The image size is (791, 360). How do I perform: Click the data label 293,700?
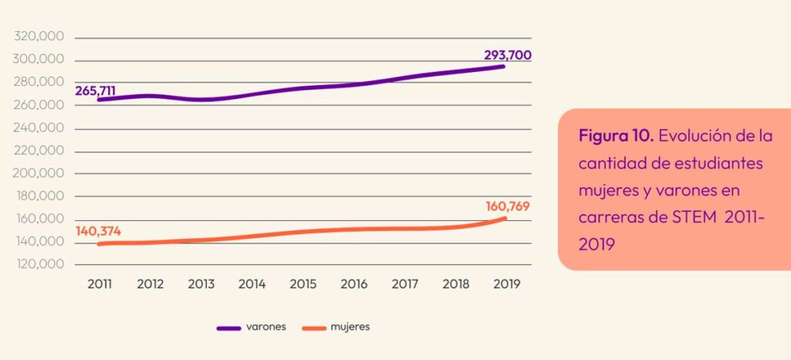[508, 56]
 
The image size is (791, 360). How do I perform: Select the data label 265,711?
[95, 90]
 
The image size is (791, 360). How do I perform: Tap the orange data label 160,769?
[508, 206]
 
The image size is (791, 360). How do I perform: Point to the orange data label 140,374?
[98, 231]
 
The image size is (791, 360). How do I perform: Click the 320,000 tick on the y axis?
[39, 37]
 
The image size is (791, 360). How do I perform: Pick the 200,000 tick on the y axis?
[39, 174]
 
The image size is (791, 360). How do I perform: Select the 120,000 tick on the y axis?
[39, 265]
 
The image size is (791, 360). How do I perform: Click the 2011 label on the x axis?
[100, 284]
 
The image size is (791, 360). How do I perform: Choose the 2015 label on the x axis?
[303, 284]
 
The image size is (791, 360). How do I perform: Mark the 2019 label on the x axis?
[507, 284]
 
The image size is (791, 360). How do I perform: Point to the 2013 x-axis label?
[201, 284]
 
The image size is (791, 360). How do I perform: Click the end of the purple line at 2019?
[504, 66]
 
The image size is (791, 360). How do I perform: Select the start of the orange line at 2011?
[100, 244]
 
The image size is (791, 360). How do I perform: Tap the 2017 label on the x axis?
[405, 284]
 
